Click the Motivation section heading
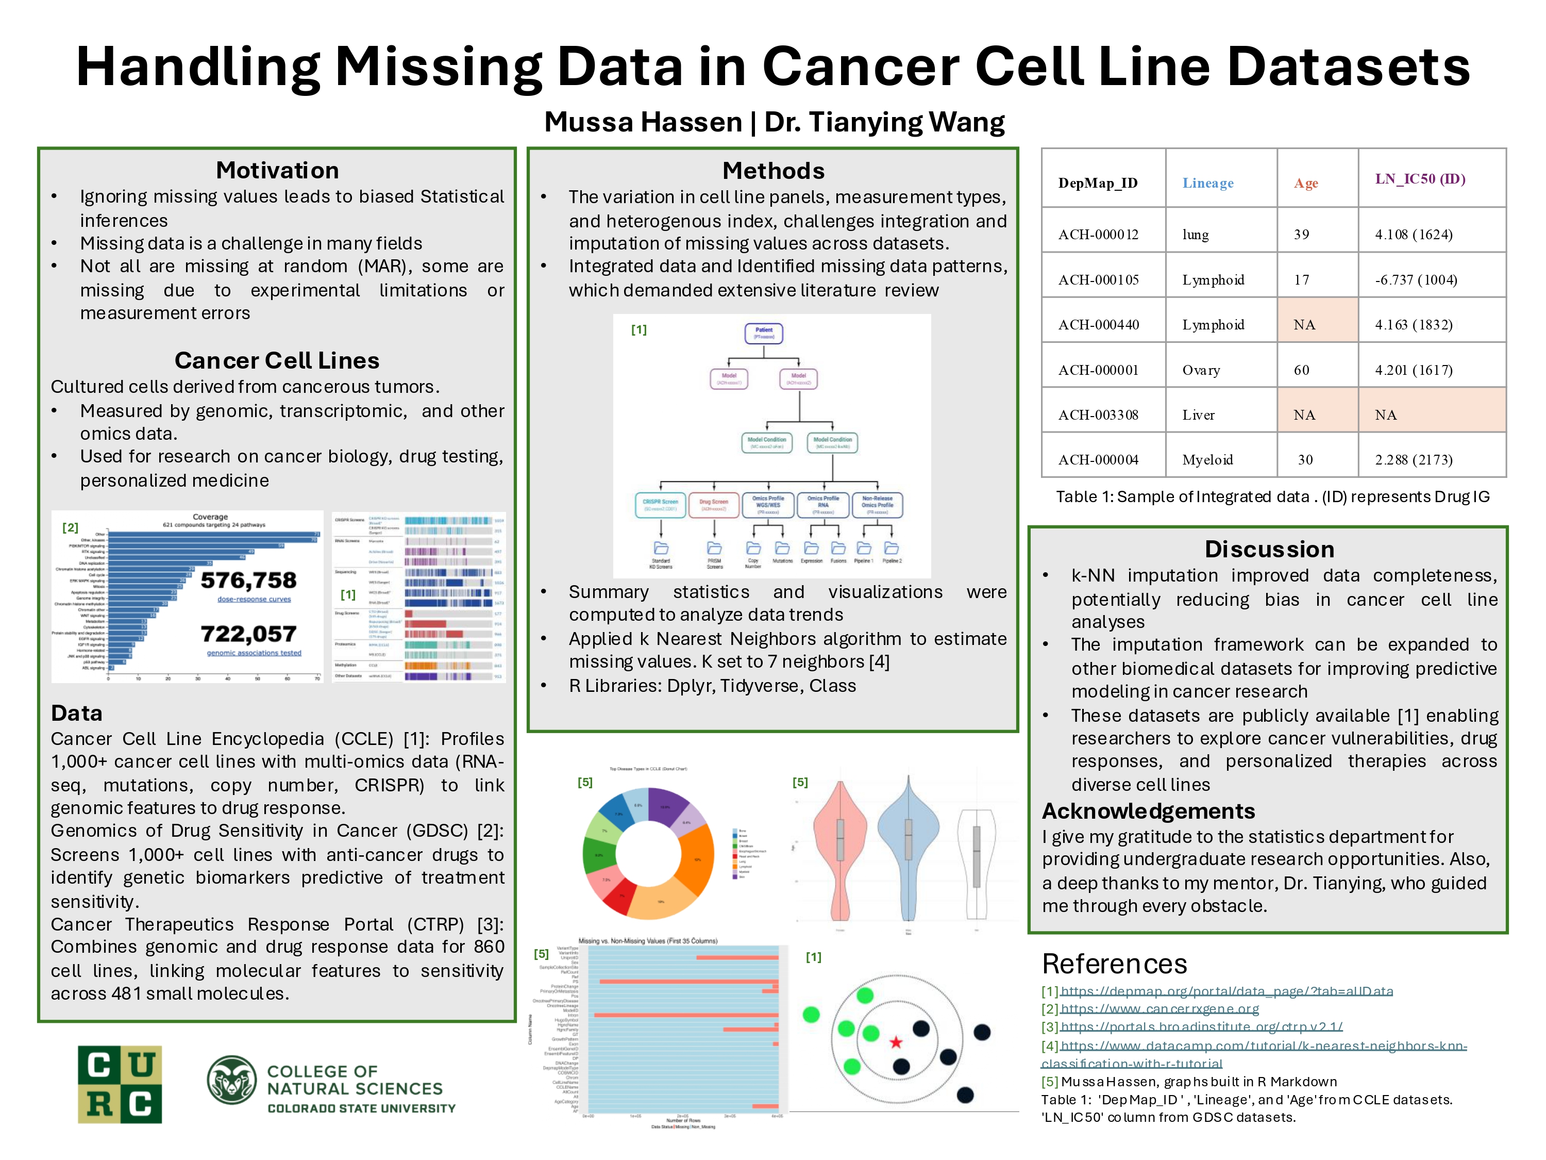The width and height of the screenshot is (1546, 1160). pyautogui.click(x=277, y=170)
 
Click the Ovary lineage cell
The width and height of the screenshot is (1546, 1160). pyautogui.click(x=1201, y=370)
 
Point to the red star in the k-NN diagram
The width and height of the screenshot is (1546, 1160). pyautogui.click(x=895, y=1042)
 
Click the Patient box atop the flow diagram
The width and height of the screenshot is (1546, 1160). pyautogui.click(x=763, y=333)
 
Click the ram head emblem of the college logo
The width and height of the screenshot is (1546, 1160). pyautogui.click(x=231, y=1080)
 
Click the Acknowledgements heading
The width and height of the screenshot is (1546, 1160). pyautogui.click(x=1148, y=810)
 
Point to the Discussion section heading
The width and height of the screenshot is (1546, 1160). pyautogui.click(x=1269, y=549)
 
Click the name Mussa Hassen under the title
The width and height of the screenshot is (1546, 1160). pyautogui.click(x=642, y=122)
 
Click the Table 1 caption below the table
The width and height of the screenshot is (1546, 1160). pyautogui.click(x=1272, y=496)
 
